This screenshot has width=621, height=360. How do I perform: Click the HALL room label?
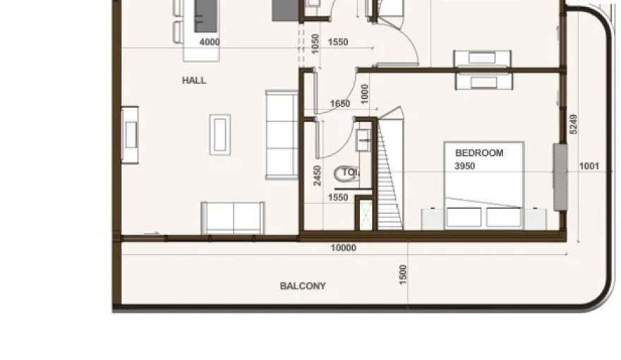pos(194,80)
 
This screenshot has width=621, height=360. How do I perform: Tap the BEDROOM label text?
pos(479,152)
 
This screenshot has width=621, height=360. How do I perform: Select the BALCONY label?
pos(303,286)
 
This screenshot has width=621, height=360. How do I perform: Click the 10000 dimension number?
pos(344,248)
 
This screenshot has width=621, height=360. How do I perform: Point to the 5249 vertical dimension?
pos(574,124)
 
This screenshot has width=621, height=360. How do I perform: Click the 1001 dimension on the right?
pos(589,167)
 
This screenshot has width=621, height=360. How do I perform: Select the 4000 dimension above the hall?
pos(210,42)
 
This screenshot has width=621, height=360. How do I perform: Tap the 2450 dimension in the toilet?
pos(318,175)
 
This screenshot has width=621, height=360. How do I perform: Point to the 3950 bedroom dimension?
pos(464,167)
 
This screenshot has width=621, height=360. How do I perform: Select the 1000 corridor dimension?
pos(364,92)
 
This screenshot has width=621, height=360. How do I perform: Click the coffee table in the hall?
pos(219,134)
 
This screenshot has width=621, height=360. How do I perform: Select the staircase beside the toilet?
pos(390,176)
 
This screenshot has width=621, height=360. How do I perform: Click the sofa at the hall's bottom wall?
pos(233,217)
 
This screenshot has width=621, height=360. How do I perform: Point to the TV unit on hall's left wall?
pos(130,134)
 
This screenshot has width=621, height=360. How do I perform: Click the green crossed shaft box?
pos(366,215)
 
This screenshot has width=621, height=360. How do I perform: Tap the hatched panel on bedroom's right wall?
pos(560,176)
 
